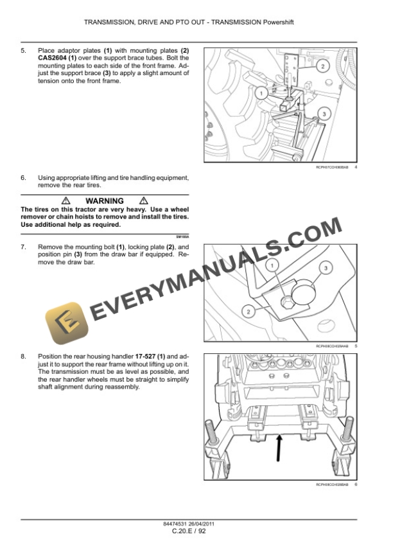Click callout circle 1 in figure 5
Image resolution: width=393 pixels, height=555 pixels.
272,265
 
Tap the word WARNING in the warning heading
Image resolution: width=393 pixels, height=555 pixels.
104,201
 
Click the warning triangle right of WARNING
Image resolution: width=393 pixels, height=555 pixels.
143,201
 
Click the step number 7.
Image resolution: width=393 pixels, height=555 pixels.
24,247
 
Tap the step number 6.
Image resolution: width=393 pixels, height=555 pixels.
24,177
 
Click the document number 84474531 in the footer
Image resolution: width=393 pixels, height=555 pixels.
176,524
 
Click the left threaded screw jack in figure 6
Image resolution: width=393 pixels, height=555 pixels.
211,432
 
